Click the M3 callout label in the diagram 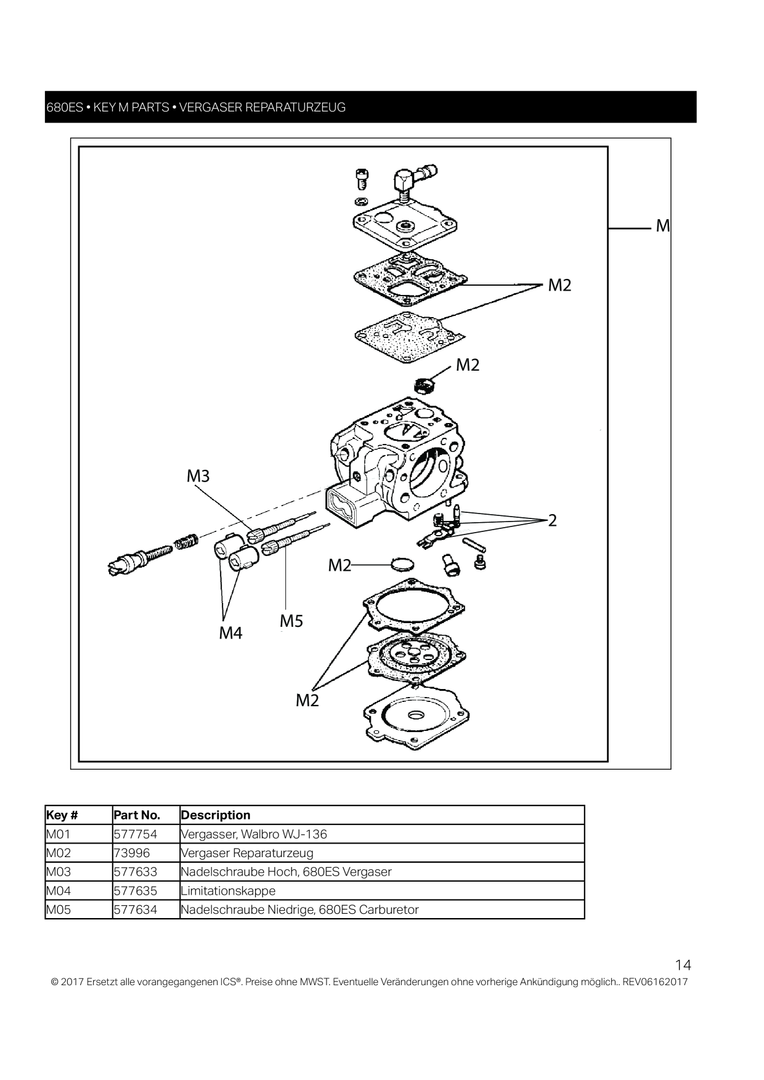click(198, 476)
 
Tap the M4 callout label click(231, 633)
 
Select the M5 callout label click(291, 621)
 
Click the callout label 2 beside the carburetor click(553, 521)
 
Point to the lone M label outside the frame click(663, 226)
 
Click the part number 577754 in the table click(136, 834)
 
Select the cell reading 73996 click(132, 853)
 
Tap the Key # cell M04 click(59, 890)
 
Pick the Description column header click(216, 815)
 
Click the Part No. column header click(137, 815)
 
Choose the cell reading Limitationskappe click(228, 891)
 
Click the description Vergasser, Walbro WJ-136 click(254, 834)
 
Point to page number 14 click(683, 965)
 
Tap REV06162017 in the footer click(655, 981)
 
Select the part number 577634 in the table click(136, 909)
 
